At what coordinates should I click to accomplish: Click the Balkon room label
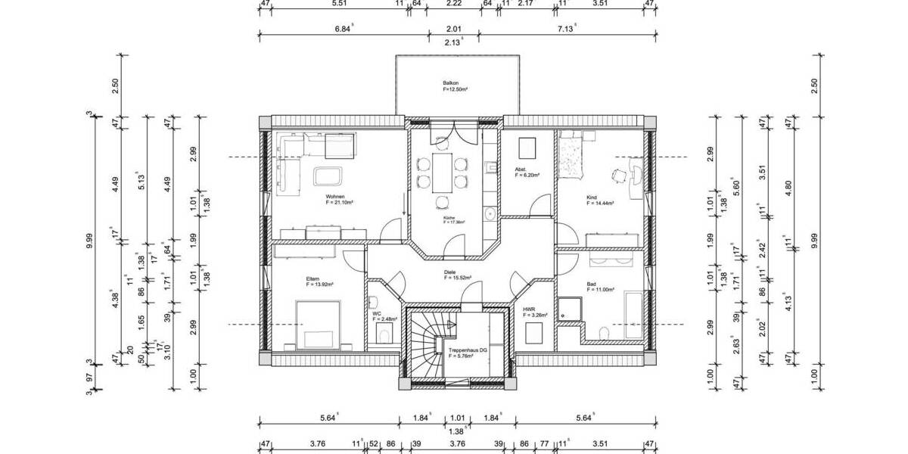click(x=451, y=83)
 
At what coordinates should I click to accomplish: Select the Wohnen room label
click(x=334, y=196)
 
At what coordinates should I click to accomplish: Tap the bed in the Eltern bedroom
click(x=317, y=325)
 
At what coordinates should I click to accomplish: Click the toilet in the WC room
click(x=385, y=335)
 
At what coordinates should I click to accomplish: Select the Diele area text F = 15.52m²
click(x=458, y=278)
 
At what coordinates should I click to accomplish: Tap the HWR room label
click(x=529, y=309)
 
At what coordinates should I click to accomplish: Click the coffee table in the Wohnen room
click(x=328, y=176)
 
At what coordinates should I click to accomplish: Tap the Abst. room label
click(x=521, y=169)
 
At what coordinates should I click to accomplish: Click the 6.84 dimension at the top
click(x=344, y=29)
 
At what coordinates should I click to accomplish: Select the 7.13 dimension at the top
click(x=566, y=29)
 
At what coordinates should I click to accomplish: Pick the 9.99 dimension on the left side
click(x=89, y=241)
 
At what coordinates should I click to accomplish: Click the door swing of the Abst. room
click(x=540, y=206)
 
